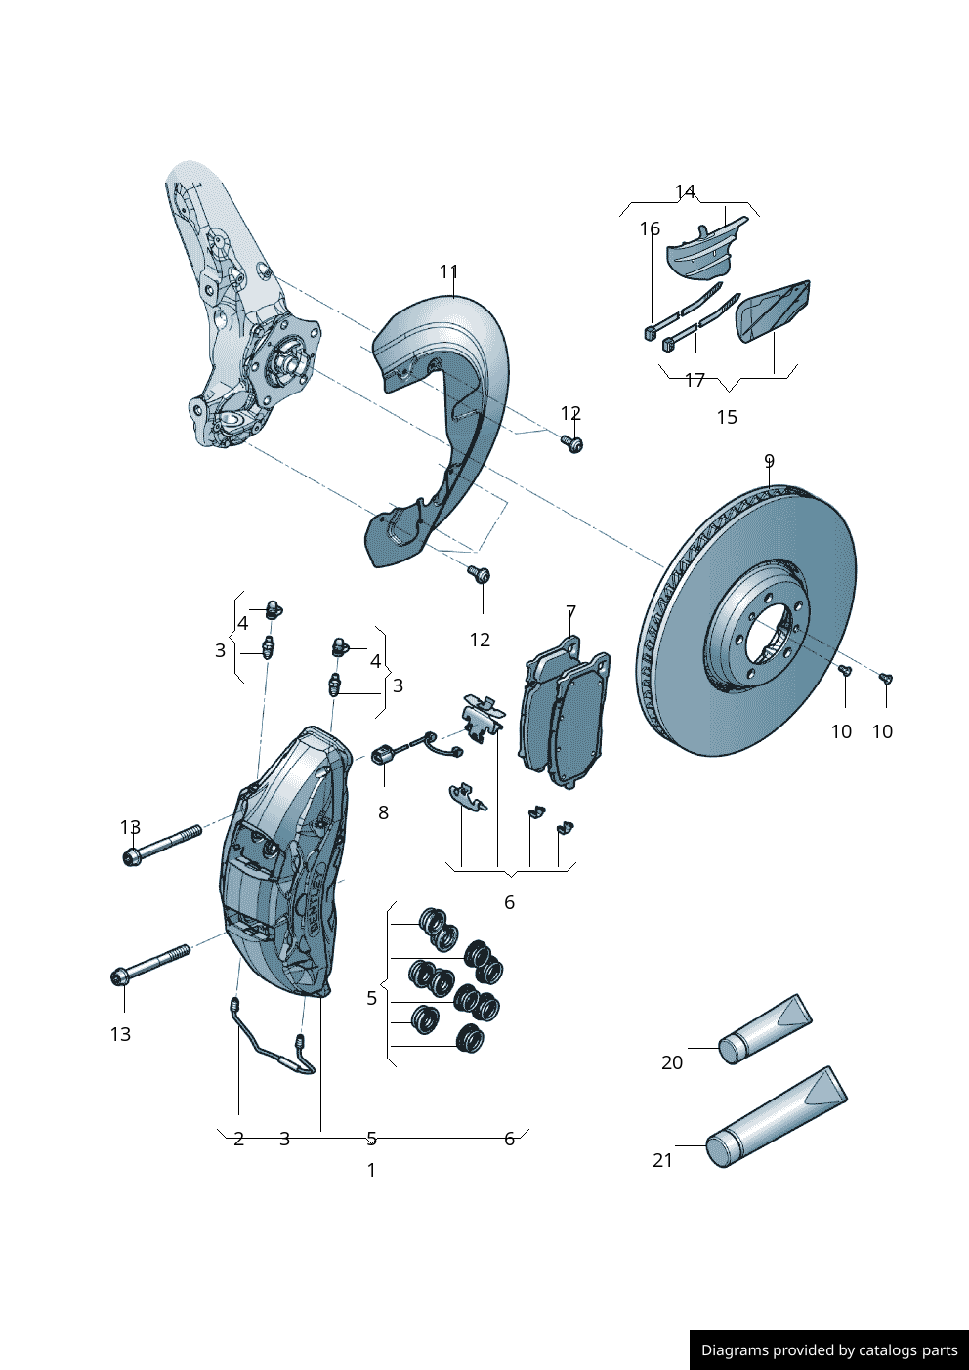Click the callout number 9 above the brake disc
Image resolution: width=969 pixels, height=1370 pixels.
769,461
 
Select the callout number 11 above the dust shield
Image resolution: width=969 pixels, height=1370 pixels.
448,271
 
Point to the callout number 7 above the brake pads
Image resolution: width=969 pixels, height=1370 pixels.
570,612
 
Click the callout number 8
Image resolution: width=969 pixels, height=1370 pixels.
383,812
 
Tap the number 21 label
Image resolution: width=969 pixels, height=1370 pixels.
662,1160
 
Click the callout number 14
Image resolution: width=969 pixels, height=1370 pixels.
685,191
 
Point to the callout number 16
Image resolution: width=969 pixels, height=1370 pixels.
650,228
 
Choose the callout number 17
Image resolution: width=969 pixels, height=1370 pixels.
695,380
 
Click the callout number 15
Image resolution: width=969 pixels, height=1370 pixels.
727,417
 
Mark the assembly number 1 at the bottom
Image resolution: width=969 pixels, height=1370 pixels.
371,1170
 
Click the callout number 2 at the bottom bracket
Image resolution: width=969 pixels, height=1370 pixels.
238,1139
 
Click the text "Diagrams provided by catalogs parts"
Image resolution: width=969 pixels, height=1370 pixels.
829,1350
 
